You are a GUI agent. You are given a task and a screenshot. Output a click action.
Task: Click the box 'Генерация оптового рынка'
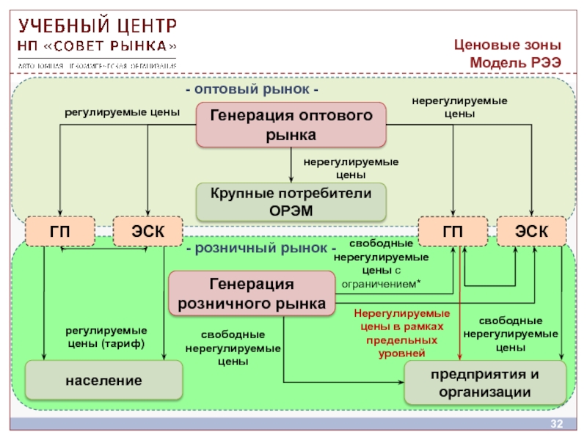(291, 125)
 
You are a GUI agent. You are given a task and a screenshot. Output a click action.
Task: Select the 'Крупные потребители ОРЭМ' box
(291, 202)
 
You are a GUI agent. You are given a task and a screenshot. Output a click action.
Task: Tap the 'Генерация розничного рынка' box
(252, 293)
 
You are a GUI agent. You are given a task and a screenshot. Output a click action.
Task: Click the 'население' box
(103, 381)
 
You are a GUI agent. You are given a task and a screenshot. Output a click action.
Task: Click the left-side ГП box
(60, 232)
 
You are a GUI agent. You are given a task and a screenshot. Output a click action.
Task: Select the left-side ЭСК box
(147, 232)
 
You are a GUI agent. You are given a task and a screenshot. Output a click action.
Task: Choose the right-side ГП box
(452, 232)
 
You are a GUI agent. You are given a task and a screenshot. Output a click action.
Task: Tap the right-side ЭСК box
(531, 232)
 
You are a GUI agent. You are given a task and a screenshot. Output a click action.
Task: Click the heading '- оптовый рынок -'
(252, 89)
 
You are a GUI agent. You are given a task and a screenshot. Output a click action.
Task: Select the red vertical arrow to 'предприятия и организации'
(460, 323)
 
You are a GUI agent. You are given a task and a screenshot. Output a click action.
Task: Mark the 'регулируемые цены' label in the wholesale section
(121, 113)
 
